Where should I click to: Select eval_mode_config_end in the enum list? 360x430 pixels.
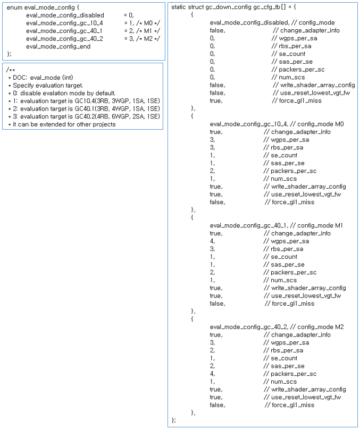(x=58, y=47)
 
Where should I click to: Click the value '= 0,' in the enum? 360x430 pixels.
(x=129, y=16)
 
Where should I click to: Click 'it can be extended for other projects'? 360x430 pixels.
(x=64, y=124)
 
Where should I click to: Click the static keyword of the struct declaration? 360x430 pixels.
(x=180, y=7)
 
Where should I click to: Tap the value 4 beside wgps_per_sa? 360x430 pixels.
(x=212, y=241)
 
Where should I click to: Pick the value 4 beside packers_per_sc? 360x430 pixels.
(x=212, y=374)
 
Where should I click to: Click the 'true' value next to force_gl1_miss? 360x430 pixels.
(x=216, y=100)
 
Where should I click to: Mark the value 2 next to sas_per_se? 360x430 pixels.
(x=212, y=366)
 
